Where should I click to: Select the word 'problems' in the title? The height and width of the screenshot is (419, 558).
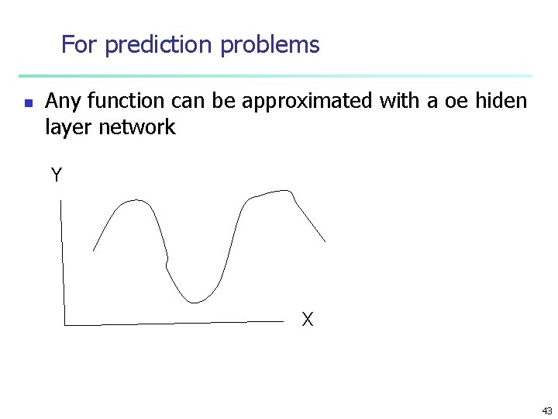[x=270, y=45]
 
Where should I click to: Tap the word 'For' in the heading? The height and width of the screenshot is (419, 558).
[x=79, y=45]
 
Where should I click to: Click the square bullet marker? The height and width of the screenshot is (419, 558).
[x=27, y=102]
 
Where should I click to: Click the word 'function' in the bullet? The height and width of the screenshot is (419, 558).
[x=126, y=101]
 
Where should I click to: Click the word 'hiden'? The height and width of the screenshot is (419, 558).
[x=502, y=101]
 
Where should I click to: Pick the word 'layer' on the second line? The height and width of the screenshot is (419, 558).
[x=69, y=127]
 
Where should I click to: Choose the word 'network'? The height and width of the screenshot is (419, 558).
[x=137, y=127]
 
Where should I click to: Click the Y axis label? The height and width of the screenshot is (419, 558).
[x=57, y=175]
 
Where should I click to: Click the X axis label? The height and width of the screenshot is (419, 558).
[x=308, y=319]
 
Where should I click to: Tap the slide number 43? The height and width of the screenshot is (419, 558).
[x=547, y=411]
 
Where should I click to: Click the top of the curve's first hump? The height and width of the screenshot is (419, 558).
[x=136, y=200]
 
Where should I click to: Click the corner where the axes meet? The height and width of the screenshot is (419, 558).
[x=64, y=324]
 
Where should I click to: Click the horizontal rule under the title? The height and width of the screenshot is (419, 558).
[x=275, y=76]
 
